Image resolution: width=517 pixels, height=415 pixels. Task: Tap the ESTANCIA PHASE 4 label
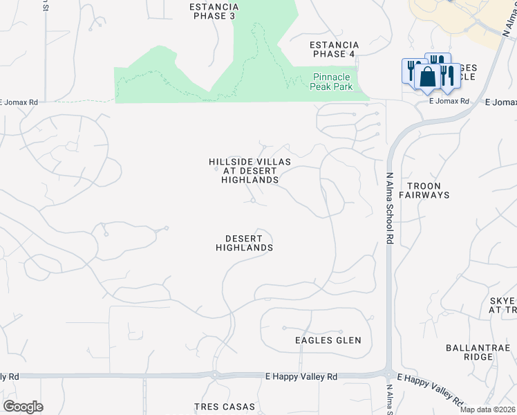pos(335,48)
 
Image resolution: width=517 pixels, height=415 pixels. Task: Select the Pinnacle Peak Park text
pos(333,82)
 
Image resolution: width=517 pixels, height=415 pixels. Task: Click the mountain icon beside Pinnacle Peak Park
pos(295,82)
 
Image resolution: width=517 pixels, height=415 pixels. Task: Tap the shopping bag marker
pos(428,77)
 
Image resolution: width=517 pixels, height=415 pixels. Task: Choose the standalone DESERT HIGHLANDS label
pos(244,242)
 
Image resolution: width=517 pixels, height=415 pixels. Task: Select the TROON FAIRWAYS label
pos(429,190)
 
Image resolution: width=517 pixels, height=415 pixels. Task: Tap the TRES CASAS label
pos(224,407)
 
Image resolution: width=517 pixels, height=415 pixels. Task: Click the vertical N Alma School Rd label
pos(390,208)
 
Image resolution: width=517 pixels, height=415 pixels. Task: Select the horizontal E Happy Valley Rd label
pos(301,377)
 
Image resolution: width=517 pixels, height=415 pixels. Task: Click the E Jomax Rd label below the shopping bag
pos(449,101)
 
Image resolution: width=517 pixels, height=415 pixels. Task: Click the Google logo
pos(23,407)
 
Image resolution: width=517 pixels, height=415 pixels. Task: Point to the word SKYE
pos(502,301)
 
